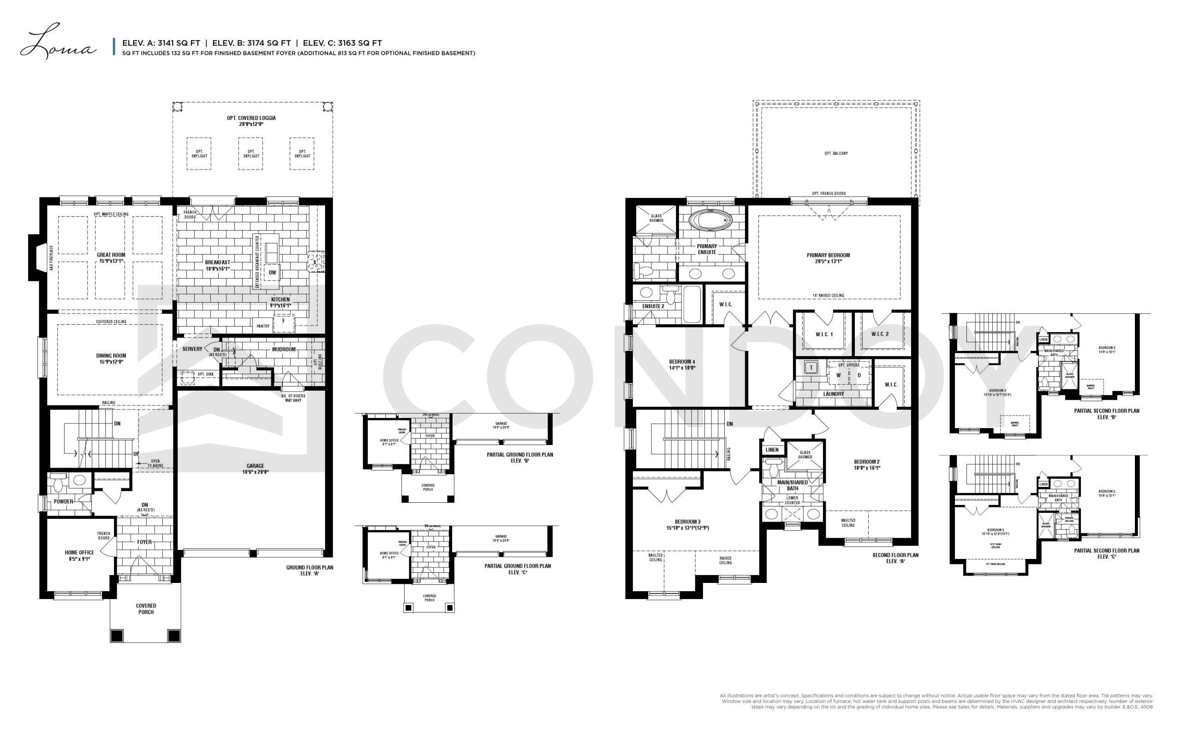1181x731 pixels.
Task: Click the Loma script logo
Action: [57, 42]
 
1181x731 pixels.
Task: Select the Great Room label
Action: [111, 258]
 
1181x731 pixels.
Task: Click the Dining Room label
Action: [111, 358]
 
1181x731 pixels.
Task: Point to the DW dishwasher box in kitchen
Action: [272, 273]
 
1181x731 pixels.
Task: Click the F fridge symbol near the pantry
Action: [284, 320]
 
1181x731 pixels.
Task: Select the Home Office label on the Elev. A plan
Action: [80, 555]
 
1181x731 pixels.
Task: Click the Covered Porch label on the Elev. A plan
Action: [146, 608]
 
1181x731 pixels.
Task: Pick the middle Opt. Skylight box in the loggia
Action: [251, 153]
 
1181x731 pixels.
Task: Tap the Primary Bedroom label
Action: [828, 258]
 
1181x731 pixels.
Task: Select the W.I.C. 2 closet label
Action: [880, 334]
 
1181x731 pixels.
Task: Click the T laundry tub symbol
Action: [811, 368]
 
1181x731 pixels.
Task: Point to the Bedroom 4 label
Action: [682, 364]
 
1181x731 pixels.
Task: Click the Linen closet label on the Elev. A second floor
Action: [772, 450]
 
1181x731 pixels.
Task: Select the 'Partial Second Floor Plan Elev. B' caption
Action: [1106, 413]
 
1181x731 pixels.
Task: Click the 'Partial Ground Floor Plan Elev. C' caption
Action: [518, 569]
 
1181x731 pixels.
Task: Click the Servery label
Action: [192, 349]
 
